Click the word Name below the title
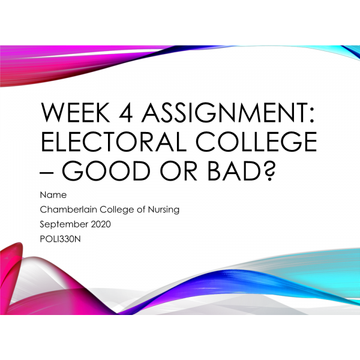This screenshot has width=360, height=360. [x=53, y=196]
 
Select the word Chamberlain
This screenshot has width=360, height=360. [x=69, y=210]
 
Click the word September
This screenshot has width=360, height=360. [x=64, y=224]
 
